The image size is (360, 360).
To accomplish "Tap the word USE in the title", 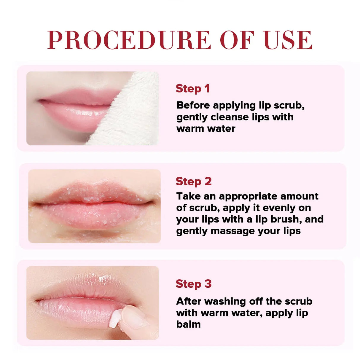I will coord(288,40).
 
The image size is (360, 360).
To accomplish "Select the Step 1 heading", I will coord(193,88).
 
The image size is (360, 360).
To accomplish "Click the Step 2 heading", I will coord(194,181).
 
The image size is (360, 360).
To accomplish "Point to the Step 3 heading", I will coord(194,284).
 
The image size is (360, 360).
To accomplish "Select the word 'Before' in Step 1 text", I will coord(193,105).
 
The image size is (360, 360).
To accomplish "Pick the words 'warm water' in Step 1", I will coord(206,129).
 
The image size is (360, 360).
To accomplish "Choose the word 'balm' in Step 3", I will coord(188,324).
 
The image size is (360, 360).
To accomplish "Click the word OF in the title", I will coord(237,40).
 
